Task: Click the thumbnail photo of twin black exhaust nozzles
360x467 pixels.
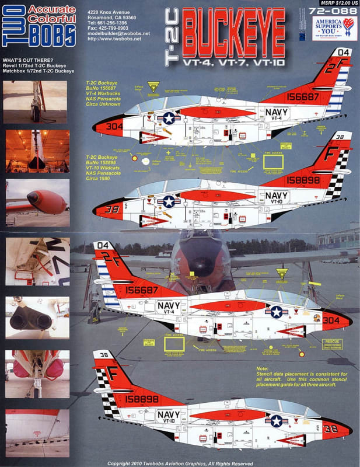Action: coord(37,318)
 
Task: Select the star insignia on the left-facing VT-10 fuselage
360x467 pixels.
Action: coord(169,202)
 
